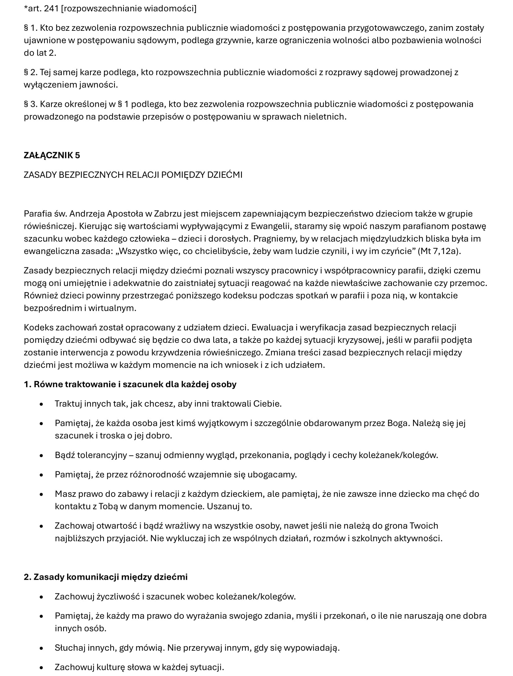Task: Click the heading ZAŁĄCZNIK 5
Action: coord(52,155)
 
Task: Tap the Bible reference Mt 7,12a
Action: coord(439,251)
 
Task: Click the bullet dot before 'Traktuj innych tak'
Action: coord(41,404)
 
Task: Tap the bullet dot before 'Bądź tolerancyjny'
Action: coord(41,456)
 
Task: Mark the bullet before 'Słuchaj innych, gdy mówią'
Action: coord(41,648)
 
